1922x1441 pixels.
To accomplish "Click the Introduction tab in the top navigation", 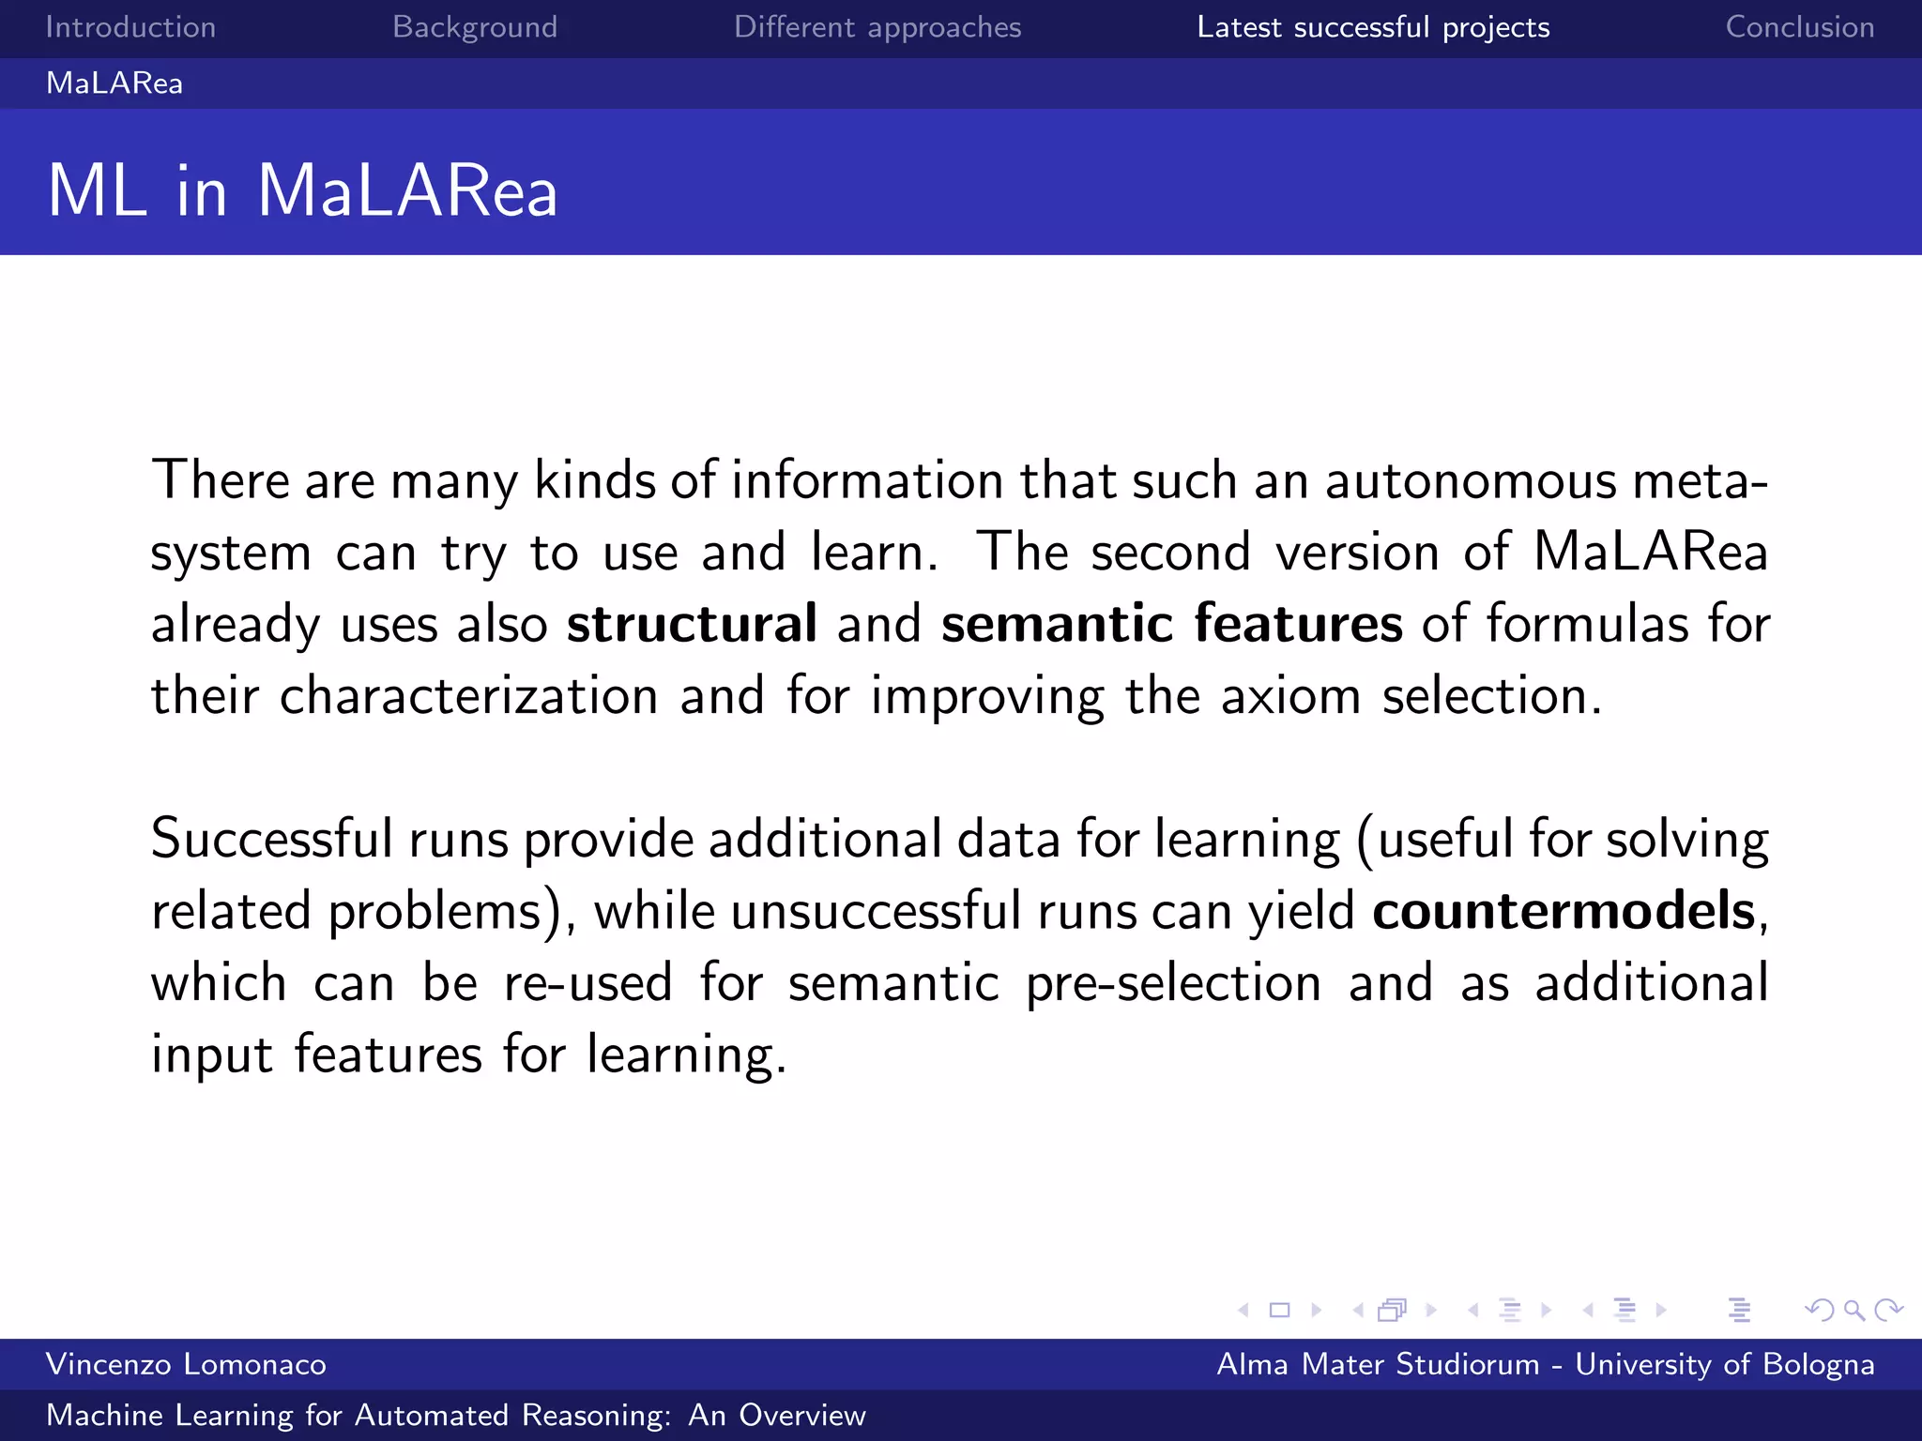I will pyautogui.click(x=130, y=27).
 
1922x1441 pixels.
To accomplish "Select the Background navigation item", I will pyautogui.click(x=475, y=27).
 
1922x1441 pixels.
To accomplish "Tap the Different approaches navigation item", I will pyautogui.click(x=877, y=27).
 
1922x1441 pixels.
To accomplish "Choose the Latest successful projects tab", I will pyautogui.click(x=1373, y=27).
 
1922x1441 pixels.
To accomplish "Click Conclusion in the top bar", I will pyautogui.click(x=1799, y=27).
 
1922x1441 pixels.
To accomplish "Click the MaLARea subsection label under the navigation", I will pyautogui.click(x=114, y=83).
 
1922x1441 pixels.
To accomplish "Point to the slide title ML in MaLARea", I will pyautogui.click(x=302, y=190).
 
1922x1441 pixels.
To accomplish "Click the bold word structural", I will pyautogui.click(x=692, y=624).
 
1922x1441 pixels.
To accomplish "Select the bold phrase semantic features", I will pyautogui.click(x=1171, y=624).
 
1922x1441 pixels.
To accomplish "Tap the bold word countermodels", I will pyautogui.click(x=1563, y=911).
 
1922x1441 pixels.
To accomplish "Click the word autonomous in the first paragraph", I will pyautogui.click(x=1471, y=480).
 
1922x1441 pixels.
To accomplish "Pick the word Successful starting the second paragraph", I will pyautogui.click(x=271, y=839).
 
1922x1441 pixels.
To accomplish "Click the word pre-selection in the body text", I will pyautogui.click(x=1173, y=983).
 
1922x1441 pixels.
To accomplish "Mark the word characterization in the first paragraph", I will pyautogui.click(x=468, y=696).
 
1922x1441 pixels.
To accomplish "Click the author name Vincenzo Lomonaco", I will pyautogui.click(x=186, y=1364).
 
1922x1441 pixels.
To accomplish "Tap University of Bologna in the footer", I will pyautogui.click(x=1724, y=1364).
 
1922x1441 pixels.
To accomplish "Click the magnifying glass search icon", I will pyautogui.click(x=1853, y=1310).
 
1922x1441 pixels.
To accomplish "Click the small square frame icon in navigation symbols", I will pyautogui.click(x=1279, y=1310).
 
